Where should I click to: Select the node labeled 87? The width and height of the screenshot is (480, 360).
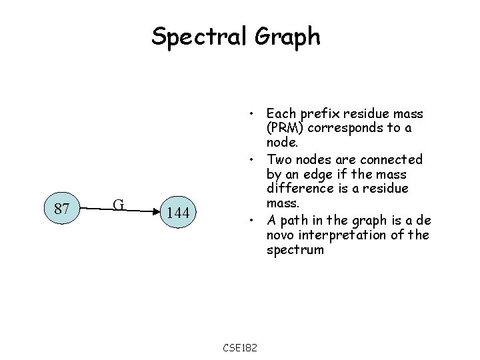[63, 209]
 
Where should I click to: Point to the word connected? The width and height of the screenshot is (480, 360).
[393, 159]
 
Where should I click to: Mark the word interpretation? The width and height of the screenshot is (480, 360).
[355, 235]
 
